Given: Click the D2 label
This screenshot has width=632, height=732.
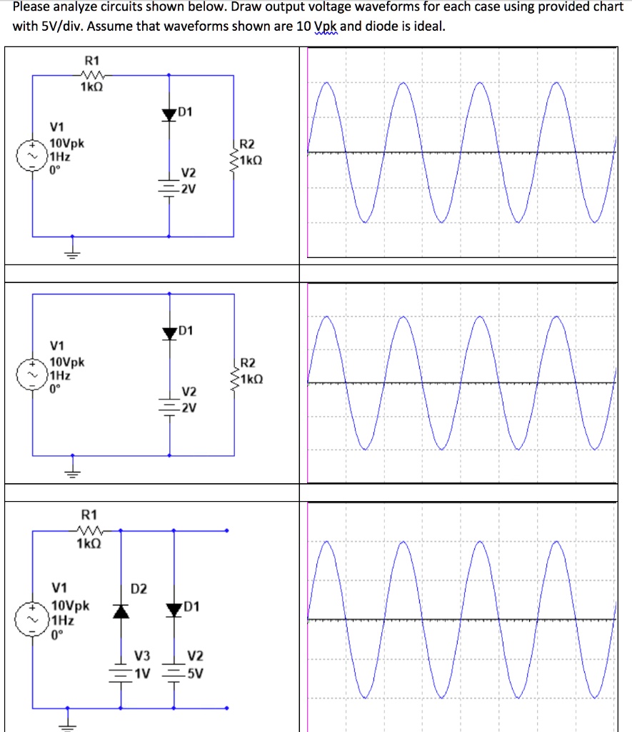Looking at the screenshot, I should [x=139, y=588].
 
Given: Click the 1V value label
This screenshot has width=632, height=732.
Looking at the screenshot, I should [x=143, y=672].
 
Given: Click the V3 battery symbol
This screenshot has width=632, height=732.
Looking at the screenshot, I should [x=121, y=671].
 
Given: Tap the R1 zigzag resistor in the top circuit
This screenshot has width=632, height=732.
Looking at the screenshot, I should [x=93, y=74].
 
